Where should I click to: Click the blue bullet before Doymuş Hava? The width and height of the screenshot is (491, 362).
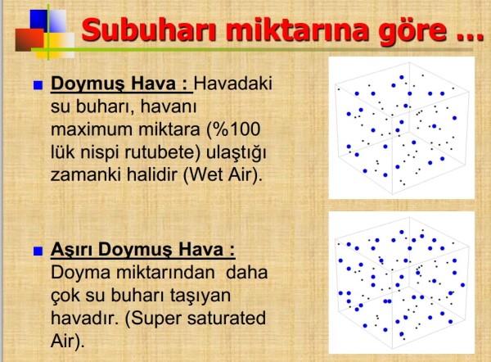(x=36, y=84)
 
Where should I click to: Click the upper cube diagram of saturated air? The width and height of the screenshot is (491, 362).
(x=401, y=128)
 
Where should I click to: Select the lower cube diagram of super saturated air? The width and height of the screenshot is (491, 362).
(x=401, y=283)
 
